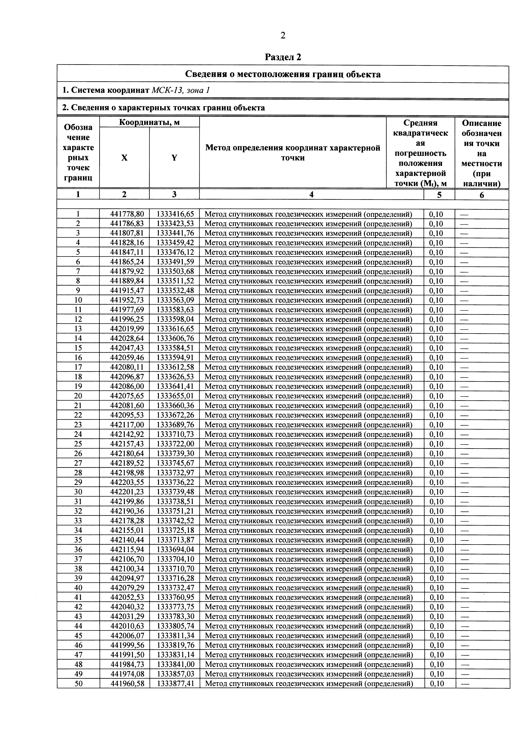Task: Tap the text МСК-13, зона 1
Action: click(x=180, y=90)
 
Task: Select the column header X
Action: click(x=124, y=158)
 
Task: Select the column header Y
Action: click(x=174, y=158)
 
